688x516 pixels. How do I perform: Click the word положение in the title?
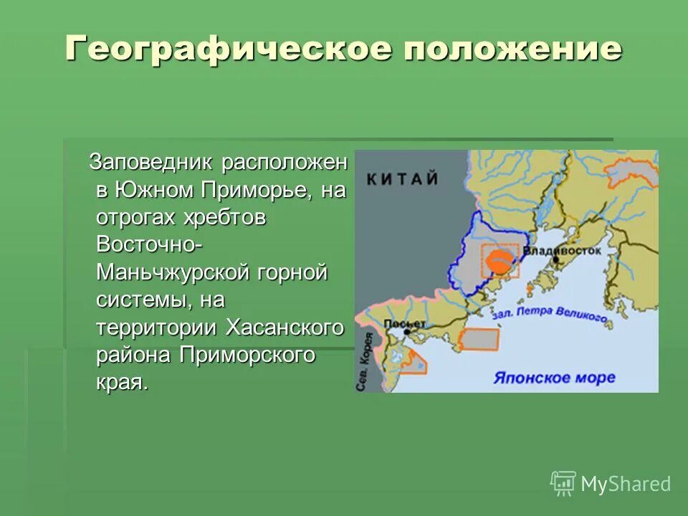pyautogui.click(x=507, y=49)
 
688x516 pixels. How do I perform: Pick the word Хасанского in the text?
pyautogui.click(x=285, y=327)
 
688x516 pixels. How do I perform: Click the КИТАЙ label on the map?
pyautogui.click(x=402, y=178)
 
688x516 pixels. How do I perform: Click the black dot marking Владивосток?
pyautogui.click(x=555, y=260)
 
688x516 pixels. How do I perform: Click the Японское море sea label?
pyautogui.click(x=554, y=377)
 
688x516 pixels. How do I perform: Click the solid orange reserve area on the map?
pyautogui.click(x=502, y=260)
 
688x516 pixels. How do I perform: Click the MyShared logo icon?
pyautogui.click(x=563, y=484)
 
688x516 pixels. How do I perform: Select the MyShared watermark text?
pyautogui.click(x=626, y=484)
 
